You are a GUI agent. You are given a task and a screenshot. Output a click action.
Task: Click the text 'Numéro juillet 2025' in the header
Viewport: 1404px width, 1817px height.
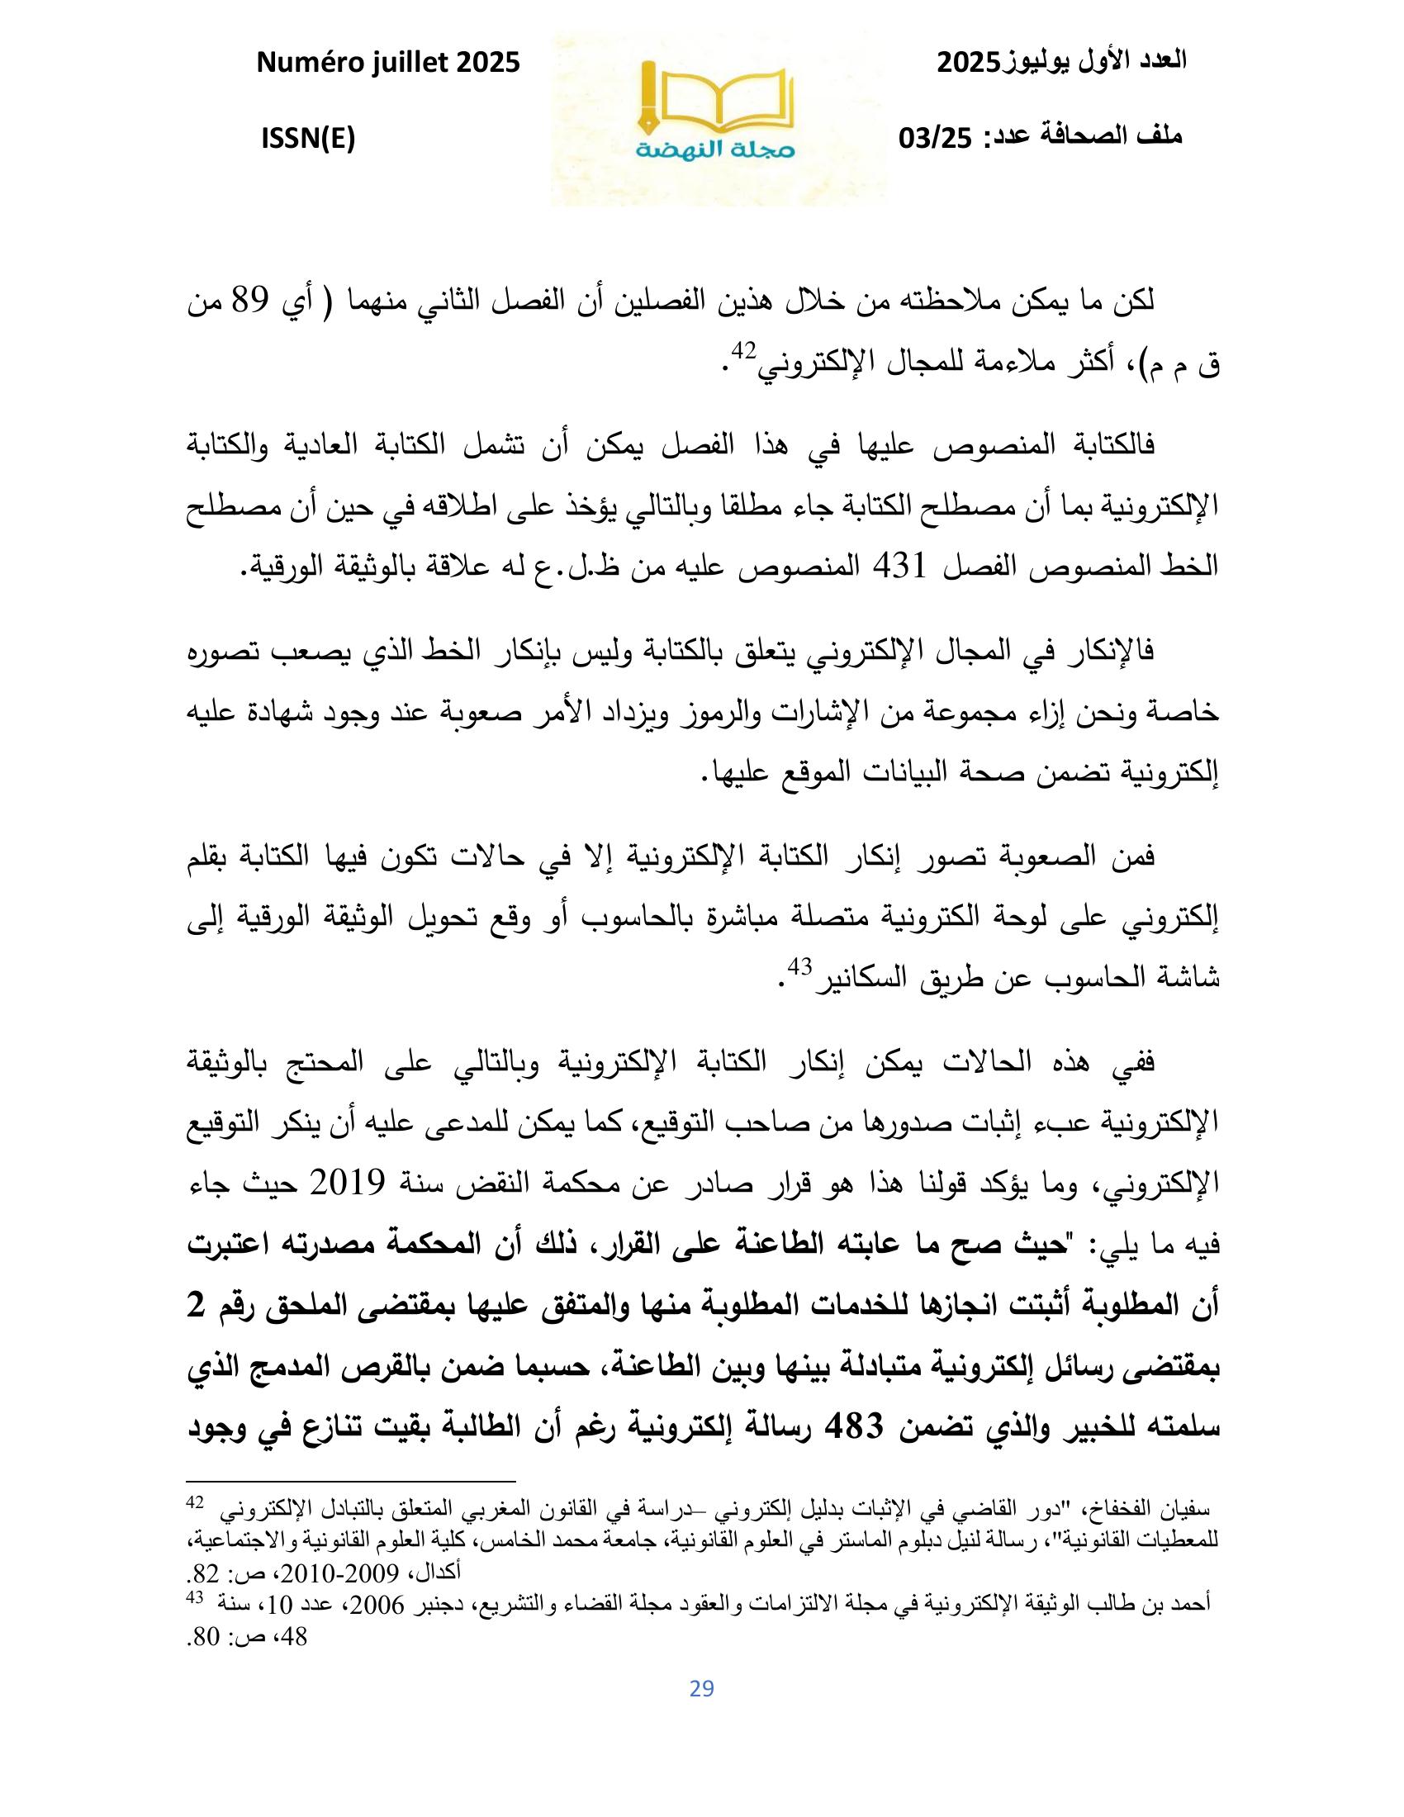[387, 63]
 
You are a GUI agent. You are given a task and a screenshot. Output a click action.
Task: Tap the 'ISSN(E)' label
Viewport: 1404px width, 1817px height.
[308, 139]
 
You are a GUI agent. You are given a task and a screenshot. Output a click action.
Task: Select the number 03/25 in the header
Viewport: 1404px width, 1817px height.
[936, 138]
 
